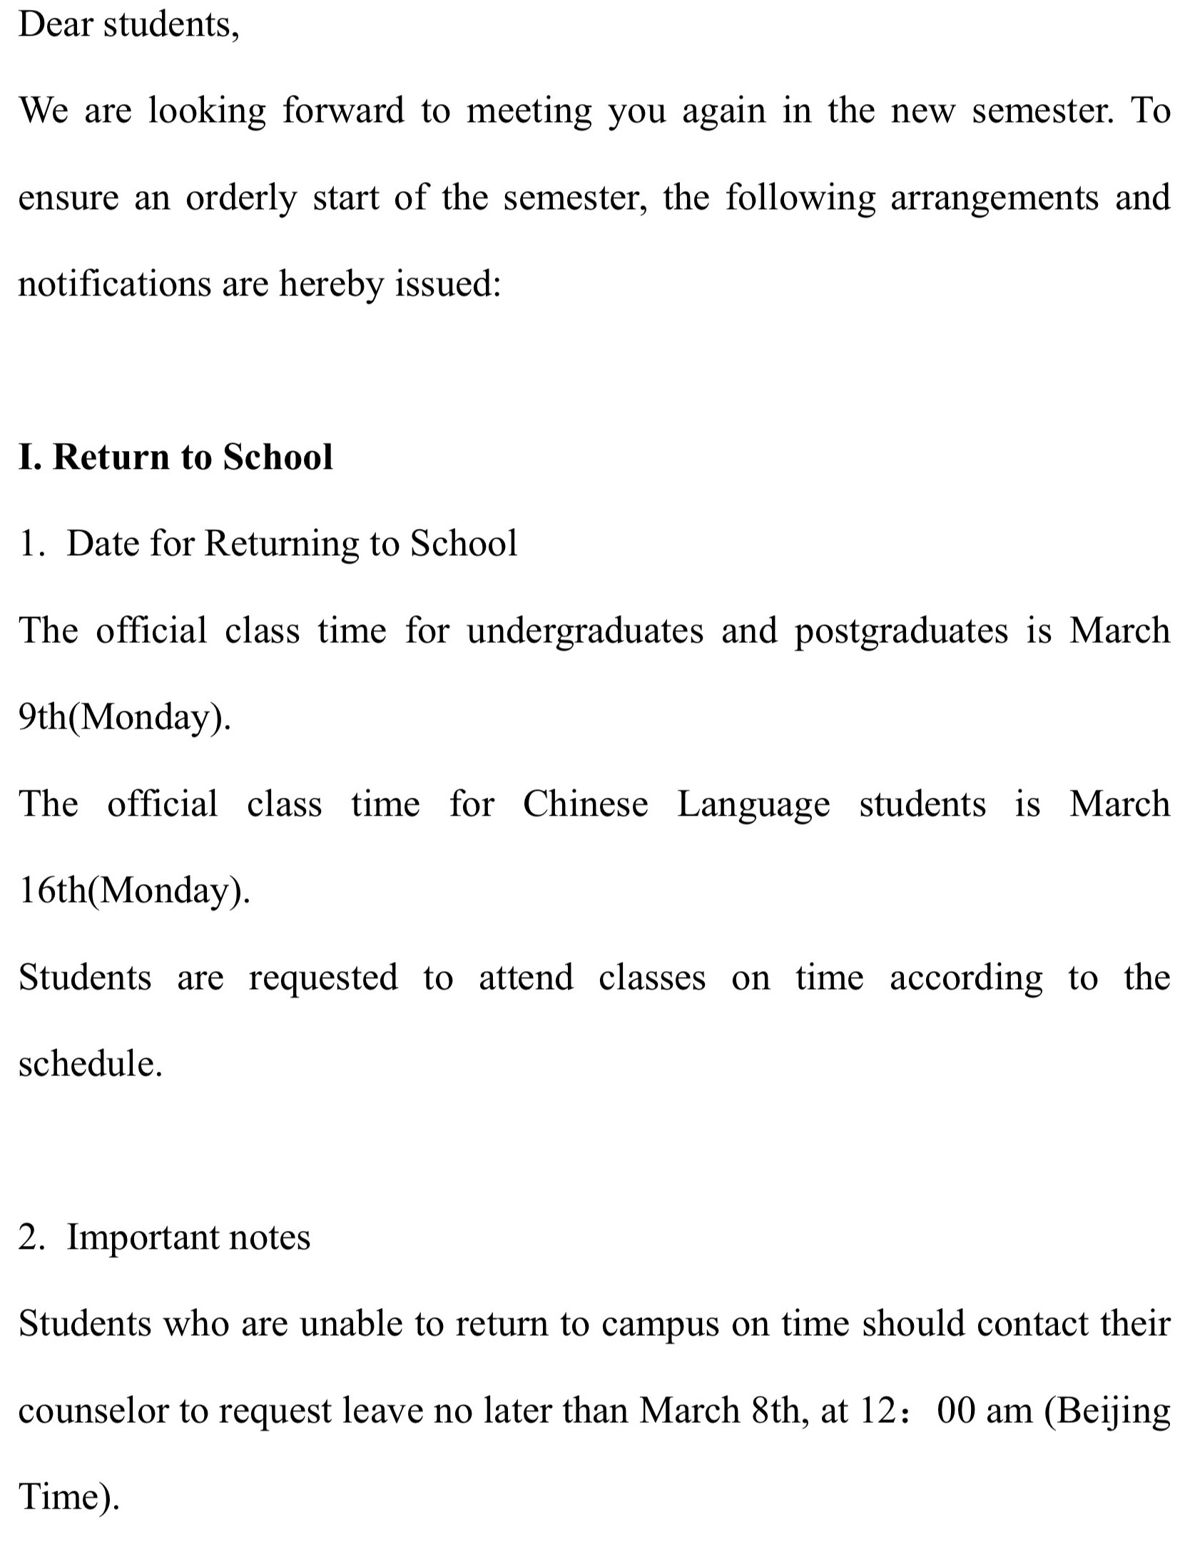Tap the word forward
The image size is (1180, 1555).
coord(343,111)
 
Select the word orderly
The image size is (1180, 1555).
coord(240,198)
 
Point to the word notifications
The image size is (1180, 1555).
coord(114,284)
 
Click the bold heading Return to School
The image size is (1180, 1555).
coord(193,457)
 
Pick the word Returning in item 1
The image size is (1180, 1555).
coord(281,544)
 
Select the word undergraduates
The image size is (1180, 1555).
coord(585,632)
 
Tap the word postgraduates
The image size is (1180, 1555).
coord(901,632)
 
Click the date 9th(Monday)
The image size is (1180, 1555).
coord(124,717)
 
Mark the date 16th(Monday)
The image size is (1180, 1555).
coord(134,891)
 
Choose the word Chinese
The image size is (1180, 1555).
coord(585,804)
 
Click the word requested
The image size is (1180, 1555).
coord(322,978)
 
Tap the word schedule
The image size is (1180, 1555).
coord(89,1063)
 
